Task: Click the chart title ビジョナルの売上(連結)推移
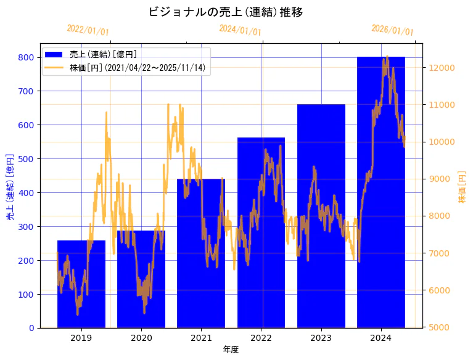point(226,12)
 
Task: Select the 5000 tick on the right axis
point(439,327)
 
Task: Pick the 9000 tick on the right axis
point(439,179)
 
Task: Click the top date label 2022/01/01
point(88,30)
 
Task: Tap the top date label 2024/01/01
point(240,30)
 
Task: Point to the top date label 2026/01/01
point(392,30)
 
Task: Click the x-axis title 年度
point(231,350)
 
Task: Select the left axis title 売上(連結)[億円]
point(10,187)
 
